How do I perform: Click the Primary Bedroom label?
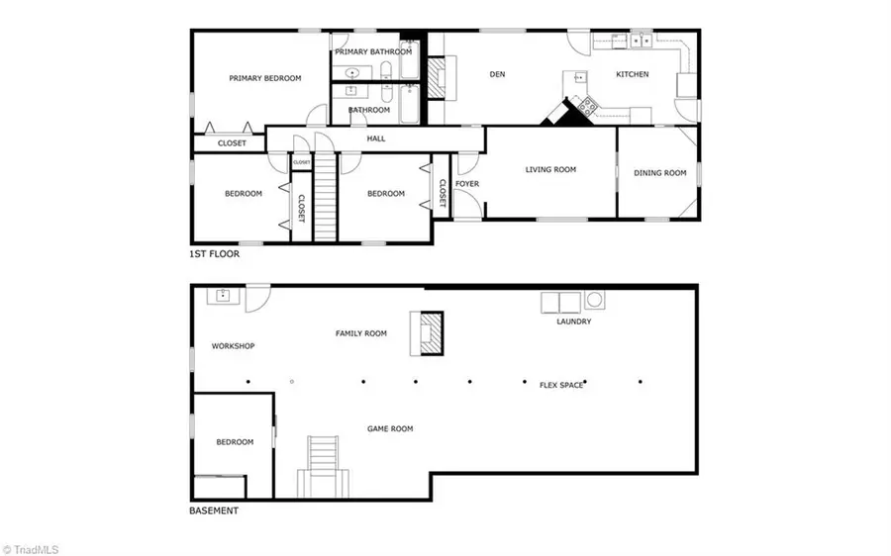[x=264, y=78]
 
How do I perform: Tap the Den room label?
[x=499, y=73]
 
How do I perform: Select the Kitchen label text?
[x=633, y=74]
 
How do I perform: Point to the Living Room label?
[x=550, y=170]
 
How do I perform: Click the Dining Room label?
[x=659, y=173]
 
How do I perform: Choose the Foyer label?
[x=467, y=184]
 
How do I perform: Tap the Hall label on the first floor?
[x=376, y=139]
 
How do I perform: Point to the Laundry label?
[x=574, y=322]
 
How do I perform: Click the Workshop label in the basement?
[x=234, y=346]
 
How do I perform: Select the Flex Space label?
[x=561, y=385]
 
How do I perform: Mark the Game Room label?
[x=390, y=428]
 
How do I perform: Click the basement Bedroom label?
[x=236, y=442]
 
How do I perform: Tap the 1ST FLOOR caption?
[x=214, y=254]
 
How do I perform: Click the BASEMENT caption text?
[x=213, y=511]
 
